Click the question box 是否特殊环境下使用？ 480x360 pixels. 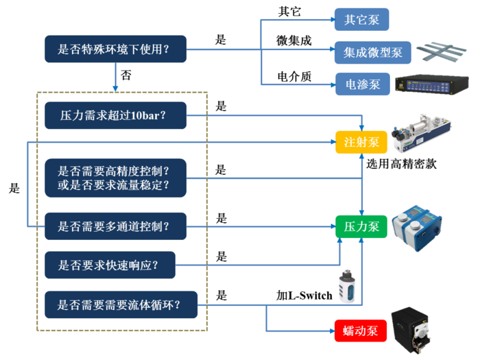tap(115, 49)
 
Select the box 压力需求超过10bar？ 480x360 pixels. tap(115, 115)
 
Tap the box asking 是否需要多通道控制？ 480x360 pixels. tap(115, 224)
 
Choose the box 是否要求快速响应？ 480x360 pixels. tap(109, 265)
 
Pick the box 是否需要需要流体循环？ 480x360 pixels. tap(120, 304)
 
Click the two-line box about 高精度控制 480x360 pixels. tap(115, 178)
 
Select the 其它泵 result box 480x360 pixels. tap(361, 19)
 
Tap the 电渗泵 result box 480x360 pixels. tap(361, 84)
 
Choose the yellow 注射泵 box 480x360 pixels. tap(361, 142)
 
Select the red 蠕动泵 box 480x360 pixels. tap(361, 331)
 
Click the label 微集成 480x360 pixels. tap(293, 40)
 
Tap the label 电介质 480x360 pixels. tap(293, 76)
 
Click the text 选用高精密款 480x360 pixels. tap(401, 165)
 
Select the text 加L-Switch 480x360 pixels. tap(304, 296)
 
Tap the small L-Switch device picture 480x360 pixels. tap(346, 287)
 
